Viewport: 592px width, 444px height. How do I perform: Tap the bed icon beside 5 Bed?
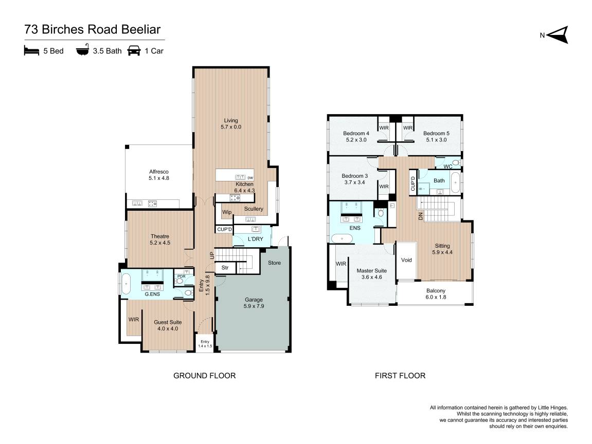click(x=31, y=50)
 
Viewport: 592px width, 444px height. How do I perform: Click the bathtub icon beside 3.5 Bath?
click(x=82, y=50)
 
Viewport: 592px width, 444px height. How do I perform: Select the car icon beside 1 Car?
click(x=134, y=50)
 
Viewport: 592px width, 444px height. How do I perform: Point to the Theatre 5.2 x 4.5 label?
click(x=160, y=239)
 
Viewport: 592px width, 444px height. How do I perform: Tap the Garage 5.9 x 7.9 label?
click(x=254, y=303)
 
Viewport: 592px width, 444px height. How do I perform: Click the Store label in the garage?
click(x=275, y=263)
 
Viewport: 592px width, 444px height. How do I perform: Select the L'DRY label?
click(x=255, y=239)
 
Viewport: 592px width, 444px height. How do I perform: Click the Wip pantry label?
click(x=226, y=212)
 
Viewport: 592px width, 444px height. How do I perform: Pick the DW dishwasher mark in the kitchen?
click(x=250, y=178)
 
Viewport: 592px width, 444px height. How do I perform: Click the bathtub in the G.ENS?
click(x=125, y=283)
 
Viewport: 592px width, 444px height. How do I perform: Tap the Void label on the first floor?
click(x=406, y=260)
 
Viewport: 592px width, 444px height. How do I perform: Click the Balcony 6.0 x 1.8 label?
click(x=436, y=294)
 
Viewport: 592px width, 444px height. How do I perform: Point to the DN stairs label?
click(x=421, y=216)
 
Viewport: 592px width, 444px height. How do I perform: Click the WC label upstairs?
click(x=448, y=166)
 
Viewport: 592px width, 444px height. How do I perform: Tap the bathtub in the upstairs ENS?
click(x=342, y=238)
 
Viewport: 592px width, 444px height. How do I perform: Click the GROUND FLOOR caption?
click(x=204, y=376)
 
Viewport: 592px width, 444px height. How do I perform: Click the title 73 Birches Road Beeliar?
click(x=93, y=29)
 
